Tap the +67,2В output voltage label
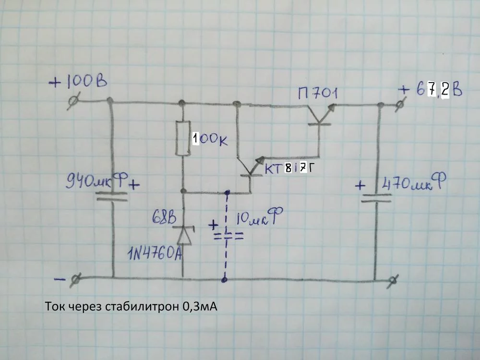coord(430,90)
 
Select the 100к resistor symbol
coord(182,139)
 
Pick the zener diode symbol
coord(183,234)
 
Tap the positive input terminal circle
coord(73,101)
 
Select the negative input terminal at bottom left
coord(76,278)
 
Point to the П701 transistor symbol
coord(319,115)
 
